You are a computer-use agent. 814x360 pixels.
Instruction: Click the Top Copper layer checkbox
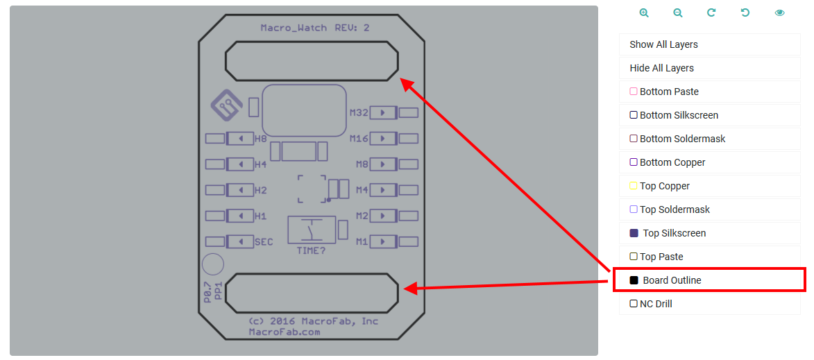633,186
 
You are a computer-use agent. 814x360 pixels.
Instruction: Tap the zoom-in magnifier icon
644,12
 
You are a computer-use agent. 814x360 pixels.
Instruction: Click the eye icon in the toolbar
780,12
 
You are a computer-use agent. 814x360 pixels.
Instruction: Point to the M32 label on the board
359,112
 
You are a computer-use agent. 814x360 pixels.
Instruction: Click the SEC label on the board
264,242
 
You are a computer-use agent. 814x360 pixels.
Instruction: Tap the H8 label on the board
260,139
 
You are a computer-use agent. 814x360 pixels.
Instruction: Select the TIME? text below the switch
311,250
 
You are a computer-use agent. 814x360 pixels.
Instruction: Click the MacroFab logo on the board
226,105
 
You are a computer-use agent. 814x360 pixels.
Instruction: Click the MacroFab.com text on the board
285,332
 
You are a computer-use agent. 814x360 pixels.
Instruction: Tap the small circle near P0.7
212,264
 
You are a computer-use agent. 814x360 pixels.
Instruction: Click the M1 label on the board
362,242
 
